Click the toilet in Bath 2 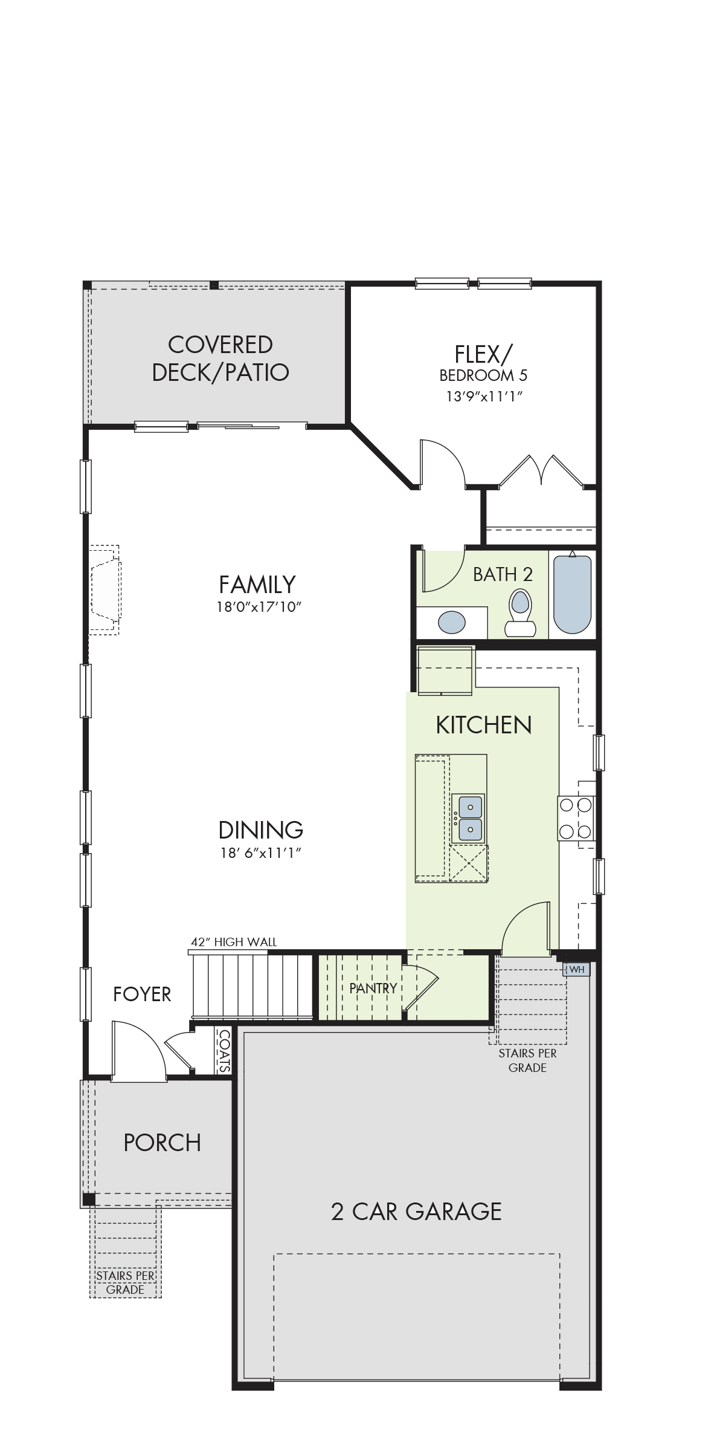[520, 612]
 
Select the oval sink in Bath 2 [452, 622]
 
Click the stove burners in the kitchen [576, 818]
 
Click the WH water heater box [576, 969]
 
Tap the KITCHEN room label [484, 725]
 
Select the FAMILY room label [257, 585]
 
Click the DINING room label [260, 830]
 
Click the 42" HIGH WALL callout [234, 942]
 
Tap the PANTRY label [373, 988]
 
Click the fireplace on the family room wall [105, 589]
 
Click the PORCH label [162, 1143]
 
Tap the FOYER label [142, 994]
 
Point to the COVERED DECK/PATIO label [220, 359]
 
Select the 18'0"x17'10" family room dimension [259, 607]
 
